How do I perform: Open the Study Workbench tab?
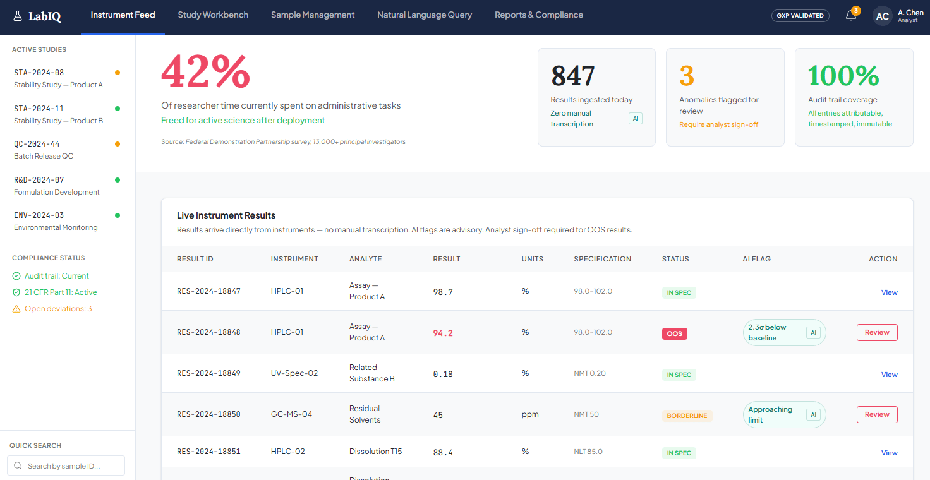click(213, 15)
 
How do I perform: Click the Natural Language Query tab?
click(425, 15)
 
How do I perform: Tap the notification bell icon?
click(850, 16)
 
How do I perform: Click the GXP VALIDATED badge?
click(800, 16)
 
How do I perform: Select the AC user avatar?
click(882, 16)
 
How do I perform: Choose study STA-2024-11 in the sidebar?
click(59, 114)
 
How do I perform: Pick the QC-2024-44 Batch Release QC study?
click(44, 150)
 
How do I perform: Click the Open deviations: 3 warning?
click(57, 309)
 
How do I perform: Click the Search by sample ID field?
click(66, 465)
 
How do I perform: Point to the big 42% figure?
click(205, 72)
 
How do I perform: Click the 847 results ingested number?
click(573, 76)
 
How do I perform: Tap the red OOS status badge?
click(674, 333)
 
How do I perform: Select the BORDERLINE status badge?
click(687, 416)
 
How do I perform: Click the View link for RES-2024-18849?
click(889, 375)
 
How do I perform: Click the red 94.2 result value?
click(443, 333)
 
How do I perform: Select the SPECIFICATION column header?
click(603, 259)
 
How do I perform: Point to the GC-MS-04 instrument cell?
click(291, 414)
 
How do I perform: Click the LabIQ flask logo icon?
click(18, 16)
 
